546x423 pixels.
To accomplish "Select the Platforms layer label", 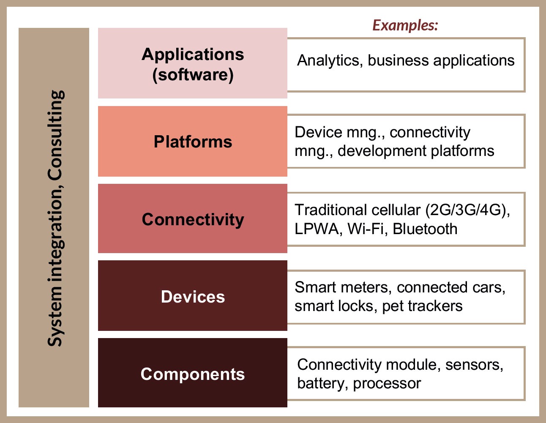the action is (193, 142).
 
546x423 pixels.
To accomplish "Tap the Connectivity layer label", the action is (193, 220).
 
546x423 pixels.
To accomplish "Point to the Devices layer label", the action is (193, 297).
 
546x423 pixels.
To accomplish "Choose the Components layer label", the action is (193, 375).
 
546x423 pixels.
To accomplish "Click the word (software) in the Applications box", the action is (193, 75).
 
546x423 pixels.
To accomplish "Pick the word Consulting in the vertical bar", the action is (56, 135).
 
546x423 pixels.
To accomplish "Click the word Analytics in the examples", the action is (330, 61).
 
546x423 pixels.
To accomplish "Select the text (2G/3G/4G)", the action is (467, 210).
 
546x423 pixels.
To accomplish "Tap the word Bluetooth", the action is (425, 229).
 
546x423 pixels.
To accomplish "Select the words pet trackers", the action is (422, 306).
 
